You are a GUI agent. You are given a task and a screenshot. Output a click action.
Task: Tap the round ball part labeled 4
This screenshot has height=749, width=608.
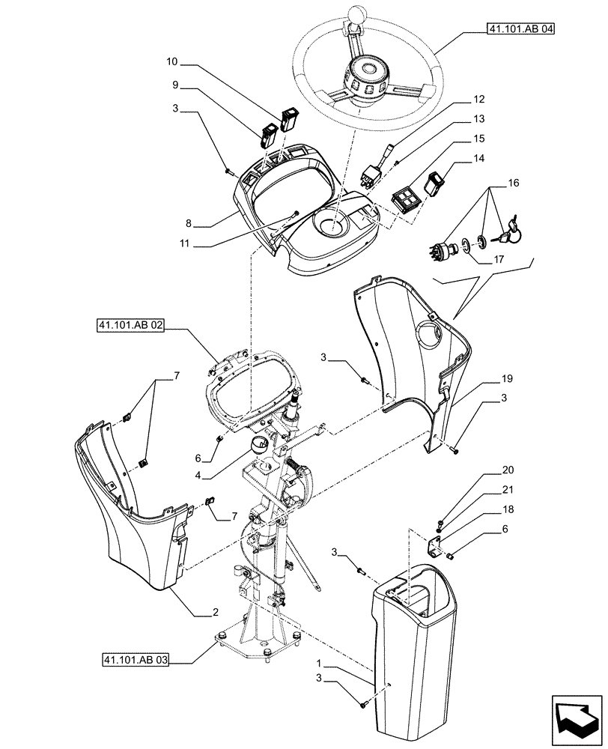coord(259,445)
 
